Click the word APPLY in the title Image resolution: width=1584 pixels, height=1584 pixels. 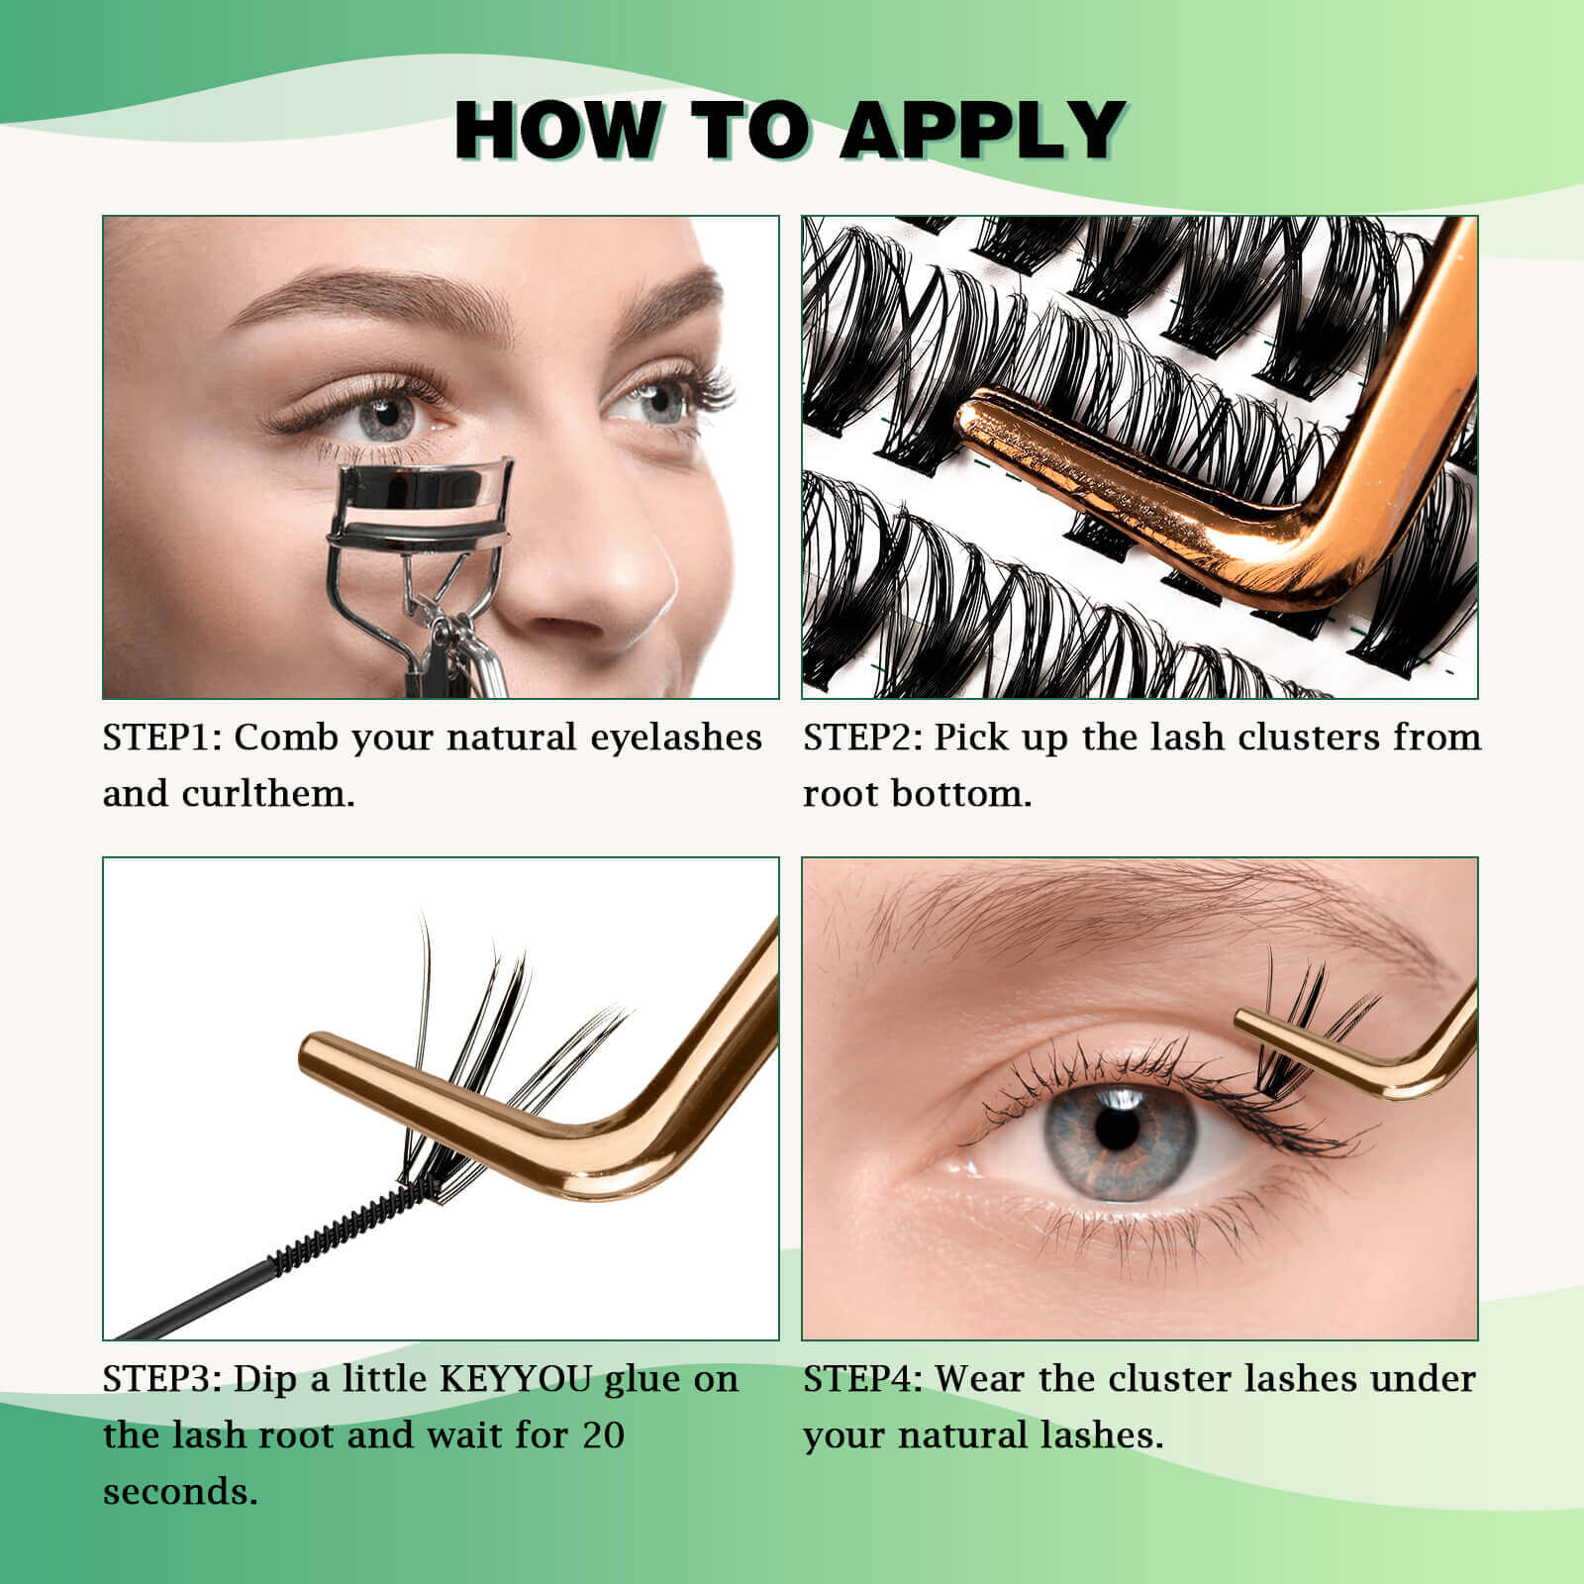[x=984, y=129]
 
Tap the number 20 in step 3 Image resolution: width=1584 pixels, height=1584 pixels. [x=603, y=1435]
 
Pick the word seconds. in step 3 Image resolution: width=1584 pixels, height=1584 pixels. [x=180, y=1492]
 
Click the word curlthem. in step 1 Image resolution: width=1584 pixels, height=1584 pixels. [x=268, y=794]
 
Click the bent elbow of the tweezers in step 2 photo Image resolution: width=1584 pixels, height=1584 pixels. [x=1307, y=554]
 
